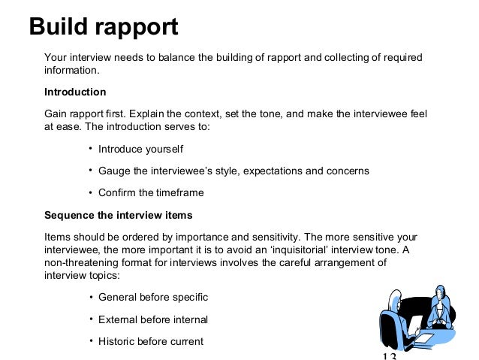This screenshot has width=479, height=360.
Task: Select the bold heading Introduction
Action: pos(75,92)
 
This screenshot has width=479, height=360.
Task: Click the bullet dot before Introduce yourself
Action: pos(90,148)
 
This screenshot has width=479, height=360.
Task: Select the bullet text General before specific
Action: pos(153,298)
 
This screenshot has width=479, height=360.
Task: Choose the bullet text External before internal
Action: pos(153,319)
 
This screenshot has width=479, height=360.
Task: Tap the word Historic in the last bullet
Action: pos(119,341)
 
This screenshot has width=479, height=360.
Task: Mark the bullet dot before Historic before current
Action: pos(90,340)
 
